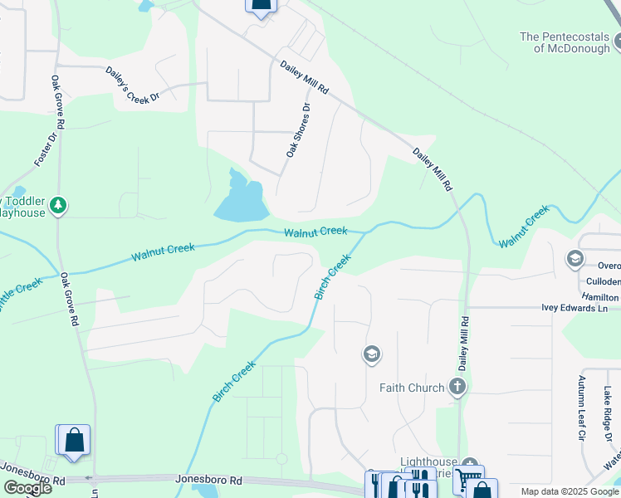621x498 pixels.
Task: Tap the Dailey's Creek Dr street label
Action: [131, 85]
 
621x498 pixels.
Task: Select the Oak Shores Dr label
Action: [297, 131]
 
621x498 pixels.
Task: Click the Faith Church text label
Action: [411, 388]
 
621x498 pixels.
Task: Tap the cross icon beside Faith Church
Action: [457, 387]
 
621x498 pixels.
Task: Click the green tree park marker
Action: [57, 204]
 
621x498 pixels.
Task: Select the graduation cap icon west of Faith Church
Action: [371, 355]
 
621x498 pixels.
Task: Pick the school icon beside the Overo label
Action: [575, 260]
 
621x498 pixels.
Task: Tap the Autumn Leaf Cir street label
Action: [581, 407]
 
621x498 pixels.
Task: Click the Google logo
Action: [27, 488]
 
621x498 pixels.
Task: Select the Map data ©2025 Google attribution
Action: [569, 491]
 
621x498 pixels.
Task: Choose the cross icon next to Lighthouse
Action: [470, 465]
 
